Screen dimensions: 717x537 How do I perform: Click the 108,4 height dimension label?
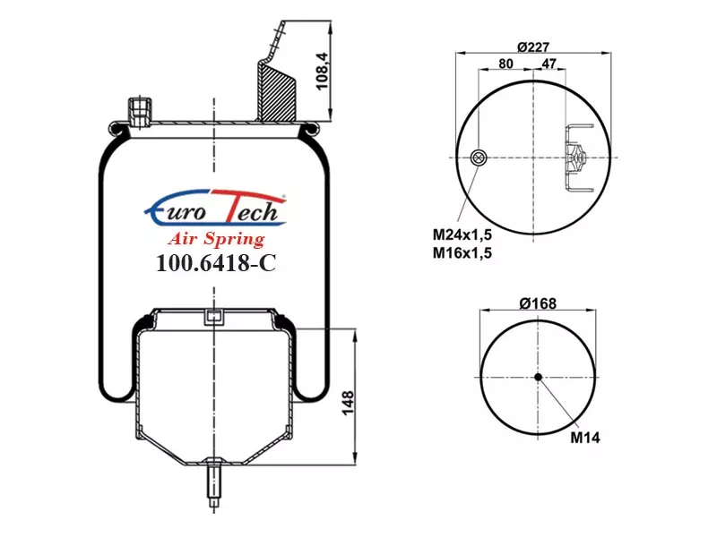(323, 72)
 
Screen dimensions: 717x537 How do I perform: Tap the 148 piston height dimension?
(349, 403)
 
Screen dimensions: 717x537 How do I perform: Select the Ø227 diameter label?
(533, 47)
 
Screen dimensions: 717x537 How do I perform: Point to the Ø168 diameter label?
(539, 303)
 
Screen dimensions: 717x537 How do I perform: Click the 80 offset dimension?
(505, 64)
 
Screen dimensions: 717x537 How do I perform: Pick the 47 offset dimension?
(549, 63)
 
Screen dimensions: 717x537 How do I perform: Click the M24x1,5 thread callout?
(462, 234)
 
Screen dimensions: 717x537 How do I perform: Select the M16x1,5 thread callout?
(462, 252)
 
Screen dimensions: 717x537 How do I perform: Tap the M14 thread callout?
(585, 438)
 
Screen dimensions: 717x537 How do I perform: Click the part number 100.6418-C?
(216, 262)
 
